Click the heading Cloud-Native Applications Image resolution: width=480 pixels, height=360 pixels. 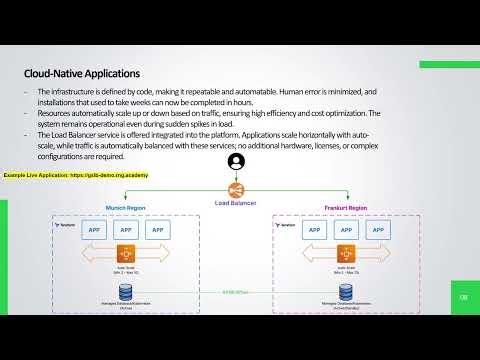(83, 73)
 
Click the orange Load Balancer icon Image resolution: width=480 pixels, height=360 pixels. (235, 190)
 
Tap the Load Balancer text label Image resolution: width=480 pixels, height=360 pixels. (235, 203)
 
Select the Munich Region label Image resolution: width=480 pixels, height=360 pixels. (127, 208)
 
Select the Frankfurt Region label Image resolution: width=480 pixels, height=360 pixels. (346, 208)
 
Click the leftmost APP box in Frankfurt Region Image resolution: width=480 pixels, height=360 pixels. (316, 229)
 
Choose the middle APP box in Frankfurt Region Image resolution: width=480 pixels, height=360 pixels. (345, 229)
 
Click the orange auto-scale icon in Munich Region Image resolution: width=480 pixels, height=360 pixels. (127, 254)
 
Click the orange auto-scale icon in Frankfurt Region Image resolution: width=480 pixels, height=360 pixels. (345, 254)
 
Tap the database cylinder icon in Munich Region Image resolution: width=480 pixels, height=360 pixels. (127, 291)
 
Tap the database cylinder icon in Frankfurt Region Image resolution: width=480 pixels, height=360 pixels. (345, 291)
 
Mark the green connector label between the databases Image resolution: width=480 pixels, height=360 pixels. (236, 292)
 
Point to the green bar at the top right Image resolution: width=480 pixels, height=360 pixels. (449, 64)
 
